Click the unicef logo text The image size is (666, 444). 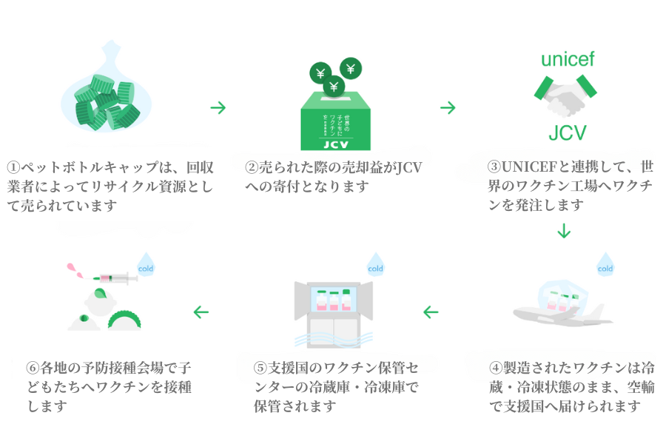point(568,60)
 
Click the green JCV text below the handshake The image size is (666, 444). point(568,132)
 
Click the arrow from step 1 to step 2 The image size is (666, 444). point(218,108)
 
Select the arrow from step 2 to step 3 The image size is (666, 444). point(448,108)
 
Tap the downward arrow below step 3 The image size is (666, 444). point(565,231)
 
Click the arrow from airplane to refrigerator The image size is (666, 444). point(431,312)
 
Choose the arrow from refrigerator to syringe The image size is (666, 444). point(201,312)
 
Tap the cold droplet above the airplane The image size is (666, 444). point(605,266)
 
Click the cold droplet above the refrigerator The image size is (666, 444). point(375,266)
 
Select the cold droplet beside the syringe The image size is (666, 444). point(145,266)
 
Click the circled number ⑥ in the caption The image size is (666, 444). point(32,368)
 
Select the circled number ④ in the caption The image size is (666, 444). point(495,368)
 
